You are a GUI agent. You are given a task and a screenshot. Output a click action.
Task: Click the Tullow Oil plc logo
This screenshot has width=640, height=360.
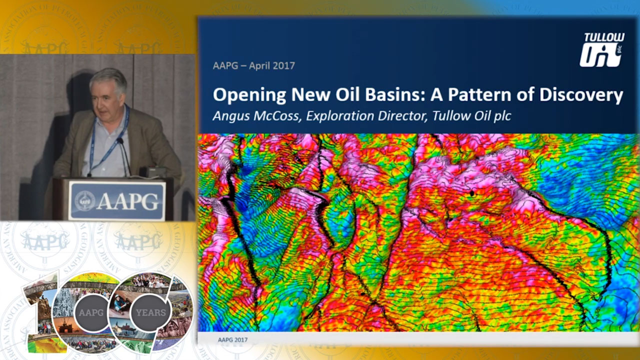(x=602, y=49)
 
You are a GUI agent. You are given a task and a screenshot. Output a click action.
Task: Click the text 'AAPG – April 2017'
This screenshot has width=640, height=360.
(x=253, y=65)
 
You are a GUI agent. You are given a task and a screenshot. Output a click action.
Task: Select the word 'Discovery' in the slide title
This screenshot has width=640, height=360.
(x=581, y=95)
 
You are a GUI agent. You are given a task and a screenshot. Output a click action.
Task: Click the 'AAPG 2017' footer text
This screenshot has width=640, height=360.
(x=232, y=339)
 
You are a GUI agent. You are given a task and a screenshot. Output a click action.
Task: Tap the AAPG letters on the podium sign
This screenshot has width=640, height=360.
(x=127, y=201)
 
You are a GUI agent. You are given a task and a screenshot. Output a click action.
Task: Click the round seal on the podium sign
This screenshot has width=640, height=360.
(x=85, y=201)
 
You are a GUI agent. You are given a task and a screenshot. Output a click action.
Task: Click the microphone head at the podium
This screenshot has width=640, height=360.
(x=119, y=140)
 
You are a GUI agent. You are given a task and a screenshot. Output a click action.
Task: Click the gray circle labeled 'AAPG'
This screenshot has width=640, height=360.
(x=91, y=312)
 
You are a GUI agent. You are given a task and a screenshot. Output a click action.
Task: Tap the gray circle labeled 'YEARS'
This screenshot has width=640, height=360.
(x=150, y=312)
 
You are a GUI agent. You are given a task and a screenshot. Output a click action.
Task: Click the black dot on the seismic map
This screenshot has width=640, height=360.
(x=472, y=194)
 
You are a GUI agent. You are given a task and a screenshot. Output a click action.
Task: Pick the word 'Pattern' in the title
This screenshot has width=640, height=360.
(x=479, y=94)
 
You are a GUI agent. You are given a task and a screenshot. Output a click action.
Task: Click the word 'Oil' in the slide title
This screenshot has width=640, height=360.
(x=348, y=94)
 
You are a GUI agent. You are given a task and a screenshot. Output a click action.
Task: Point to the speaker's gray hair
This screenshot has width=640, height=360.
(x=109, y=79)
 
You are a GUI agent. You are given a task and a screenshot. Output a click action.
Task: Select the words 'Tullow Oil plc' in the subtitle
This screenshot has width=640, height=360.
(x=471, y=116)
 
